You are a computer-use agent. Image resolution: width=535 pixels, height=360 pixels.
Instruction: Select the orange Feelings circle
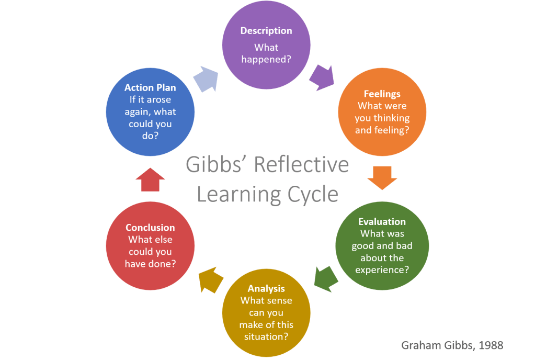(x=382, y=113)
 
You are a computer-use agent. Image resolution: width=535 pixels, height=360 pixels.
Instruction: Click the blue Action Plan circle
(x=150, y=113)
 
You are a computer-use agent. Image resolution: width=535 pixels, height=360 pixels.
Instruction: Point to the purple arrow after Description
(x=322, y=77)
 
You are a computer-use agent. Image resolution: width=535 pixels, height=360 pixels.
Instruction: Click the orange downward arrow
(x=382, y=177)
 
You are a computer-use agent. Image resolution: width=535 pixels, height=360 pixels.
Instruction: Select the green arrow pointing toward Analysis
(x=325, y=278)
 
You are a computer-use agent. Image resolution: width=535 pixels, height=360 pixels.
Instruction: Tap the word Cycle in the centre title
(x=312, y=194)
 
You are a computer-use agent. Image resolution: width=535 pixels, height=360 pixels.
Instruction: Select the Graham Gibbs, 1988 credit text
(x=452, y=345)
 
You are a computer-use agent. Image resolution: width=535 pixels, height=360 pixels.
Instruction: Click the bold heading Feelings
(x=382, y=94)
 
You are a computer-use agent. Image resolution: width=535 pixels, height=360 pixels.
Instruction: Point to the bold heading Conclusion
(x=150, y=228)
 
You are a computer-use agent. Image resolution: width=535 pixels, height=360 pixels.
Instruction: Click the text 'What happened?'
(x=266, y=53)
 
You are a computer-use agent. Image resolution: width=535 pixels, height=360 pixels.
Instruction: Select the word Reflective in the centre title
(x=301, y=165)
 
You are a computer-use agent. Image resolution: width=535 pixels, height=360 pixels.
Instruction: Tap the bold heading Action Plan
(x=150, y=87)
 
